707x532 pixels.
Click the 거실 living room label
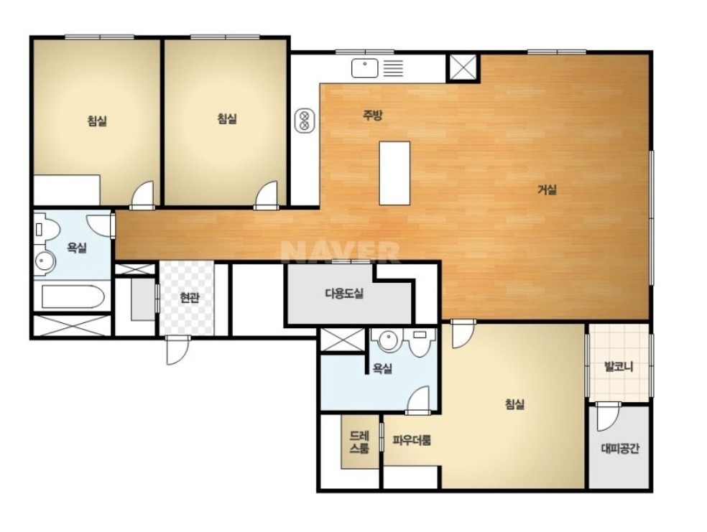pyautogui.click(x=547, y=190)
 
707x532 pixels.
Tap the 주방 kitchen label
pyautogui.click(x=372, y=116)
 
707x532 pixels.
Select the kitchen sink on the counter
pyautogui.click(x=364, y=68)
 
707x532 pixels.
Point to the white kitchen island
pyautogui.click(x=394, y=173)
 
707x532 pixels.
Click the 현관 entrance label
pyautogui.click(x=189, y=298)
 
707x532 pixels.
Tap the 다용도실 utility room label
pyautogui.click(x=344, y=294)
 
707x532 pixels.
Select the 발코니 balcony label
pyautogui.click(x=618, y=367)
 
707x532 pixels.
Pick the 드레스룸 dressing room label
pyautogui.click(x=359, y=442)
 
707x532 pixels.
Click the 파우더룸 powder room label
pyautogui.click(x=411, y=440)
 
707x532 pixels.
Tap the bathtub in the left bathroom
pyautogui.click(x=73, y=297)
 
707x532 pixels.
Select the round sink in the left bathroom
pyautogui.click(x=45, y=261)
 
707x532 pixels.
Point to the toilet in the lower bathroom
pyautogui.click(x=421, y=342)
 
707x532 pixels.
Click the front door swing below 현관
pyautogui.click(x=176, y=350)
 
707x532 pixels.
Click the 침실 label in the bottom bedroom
pyautogui.click(x=514, y=403)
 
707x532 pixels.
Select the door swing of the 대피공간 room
pyautogui.click(x=607, y=416)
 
